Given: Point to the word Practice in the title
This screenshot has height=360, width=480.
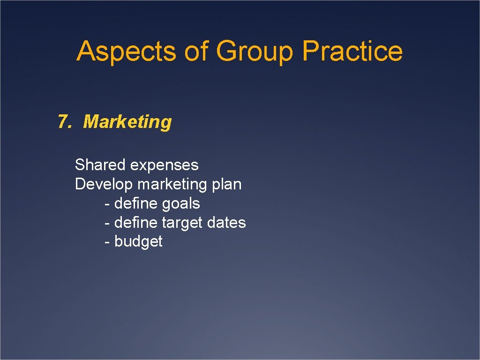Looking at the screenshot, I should pos(352,51).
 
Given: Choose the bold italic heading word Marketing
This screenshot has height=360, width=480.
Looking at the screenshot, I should pos(127,122).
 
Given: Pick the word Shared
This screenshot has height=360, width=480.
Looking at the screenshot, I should pos(100,165).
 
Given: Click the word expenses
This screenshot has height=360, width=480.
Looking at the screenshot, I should pos(164,165).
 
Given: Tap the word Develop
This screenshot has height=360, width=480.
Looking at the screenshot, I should pos(104,185).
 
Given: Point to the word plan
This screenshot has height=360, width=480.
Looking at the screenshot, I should pos(226,185).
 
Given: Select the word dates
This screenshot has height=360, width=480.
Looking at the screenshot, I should pos(228,222).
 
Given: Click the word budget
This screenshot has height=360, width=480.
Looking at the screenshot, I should pos(138,241).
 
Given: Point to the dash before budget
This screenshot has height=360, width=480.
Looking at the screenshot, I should pos(107,242).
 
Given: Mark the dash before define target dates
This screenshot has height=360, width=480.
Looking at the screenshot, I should pos(107,223).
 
